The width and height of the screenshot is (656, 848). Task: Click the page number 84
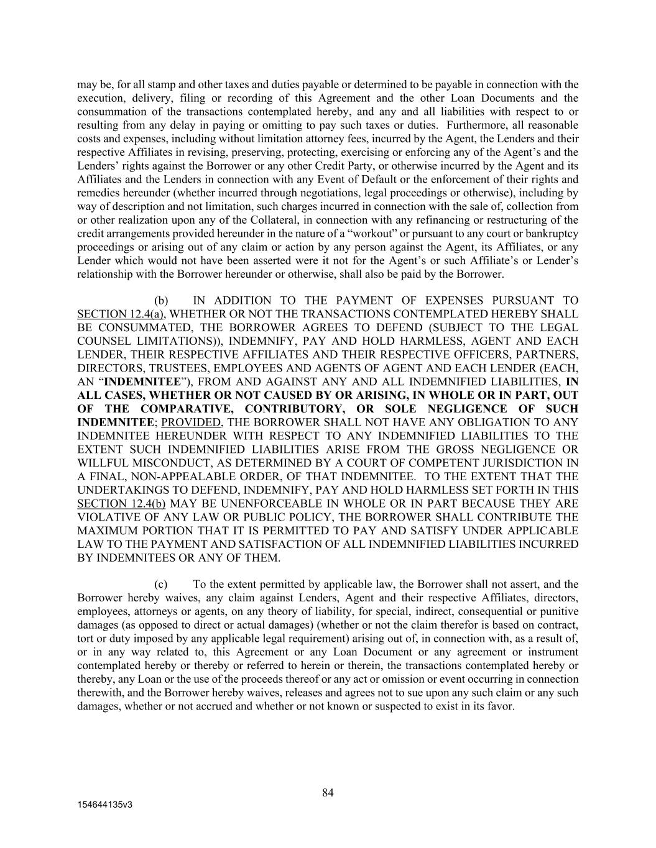coord(328,792)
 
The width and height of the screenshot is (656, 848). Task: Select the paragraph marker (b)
coord(161,301)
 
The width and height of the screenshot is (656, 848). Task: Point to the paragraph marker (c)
coord(161,584)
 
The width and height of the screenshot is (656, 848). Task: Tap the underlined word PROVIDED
coord(191,422)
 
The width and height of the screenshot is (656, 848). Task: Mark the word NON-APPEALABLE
coord(177,476)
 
